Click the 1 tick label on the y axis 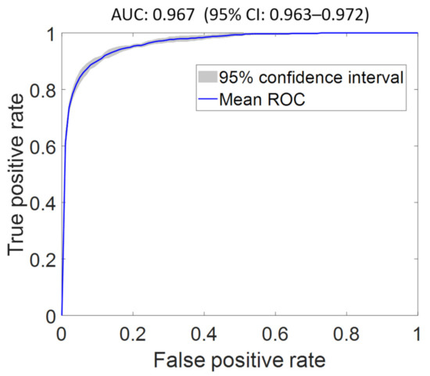click(48, 34)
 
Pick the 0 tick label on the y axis click(48, 316)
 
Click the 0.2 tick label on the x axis click(134, 333)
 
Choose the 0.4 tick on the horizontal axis click(206, 333)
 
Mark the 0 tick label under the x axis click(62, 333)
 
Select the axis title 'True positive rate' click(17, 175)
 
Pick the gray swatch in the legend click(209, 77)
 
